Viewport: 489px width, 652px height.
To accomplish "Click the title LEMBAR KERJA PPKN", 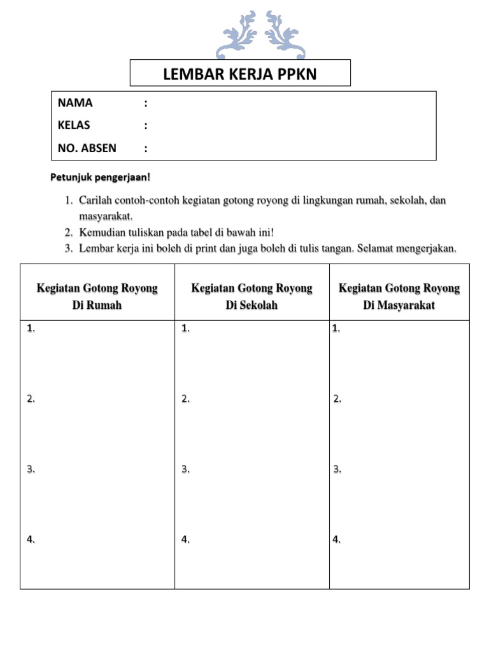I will [240, 74].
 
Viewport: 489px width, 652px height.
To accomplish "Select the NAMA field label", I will [75, 103].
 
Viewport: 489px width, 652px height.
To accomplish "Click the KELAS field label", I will [74, 125].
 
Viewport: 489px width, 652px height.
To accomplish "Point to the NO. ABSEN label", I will [87, 148].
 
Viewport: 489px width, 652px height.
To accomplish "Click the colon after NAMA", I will [146, 103].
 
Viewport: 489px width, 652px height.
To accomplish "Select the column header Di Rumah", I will [97, 305].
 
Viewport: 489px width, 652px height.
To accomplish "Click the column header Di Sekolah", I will [252, 305].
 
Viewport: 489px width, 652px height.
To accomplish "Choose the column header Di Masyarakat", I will [399, 305].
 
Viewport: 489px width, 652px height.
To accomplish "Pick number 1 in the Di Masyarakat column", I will [336, 329].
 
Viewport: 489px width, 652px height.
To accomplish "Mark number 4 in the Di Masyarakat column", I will [336, 540].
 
